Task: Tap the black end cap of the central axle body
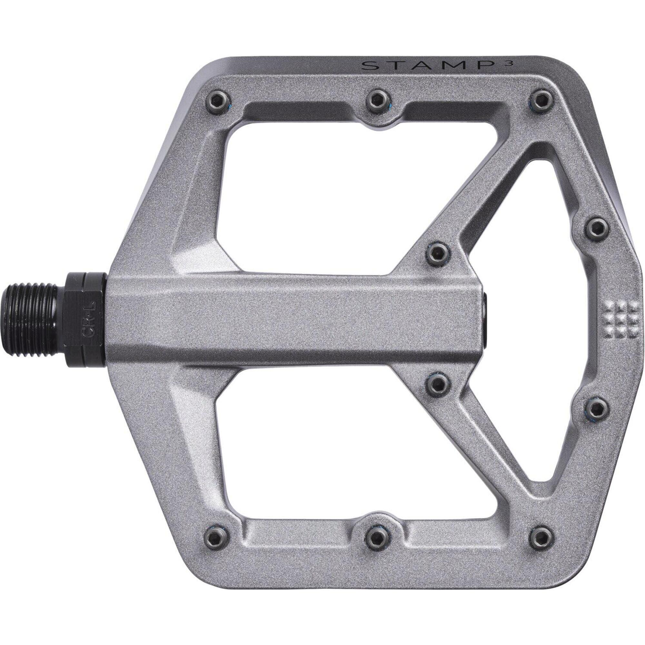pos(487,319)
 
